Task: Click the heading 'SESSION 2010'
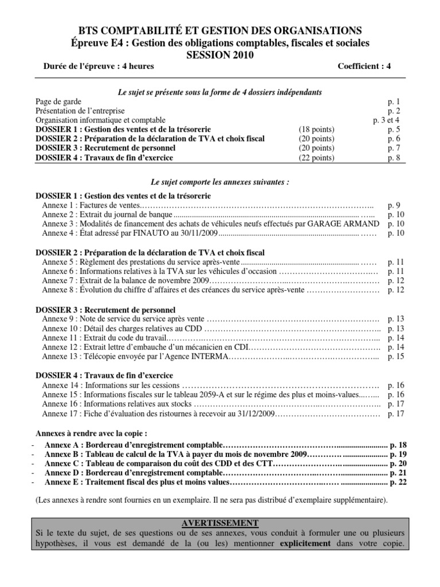(220, 55)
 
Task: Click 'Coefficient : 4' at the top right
(364, 66)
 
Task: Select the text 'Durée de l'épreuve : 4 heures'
(99, 66)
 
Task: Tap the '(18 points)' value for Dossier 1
(316, 130)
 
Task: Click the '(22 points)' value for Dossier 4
(316, 157)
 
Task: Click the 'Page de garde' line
(58, 102)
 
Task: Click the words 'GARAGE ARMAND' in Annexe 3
(351, 224)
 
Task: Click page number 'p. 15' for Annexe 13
(396, 357)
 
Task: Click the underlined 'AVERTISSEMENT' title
(220, 522)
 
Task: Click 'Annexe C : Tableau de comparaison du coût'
(135, 463)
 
